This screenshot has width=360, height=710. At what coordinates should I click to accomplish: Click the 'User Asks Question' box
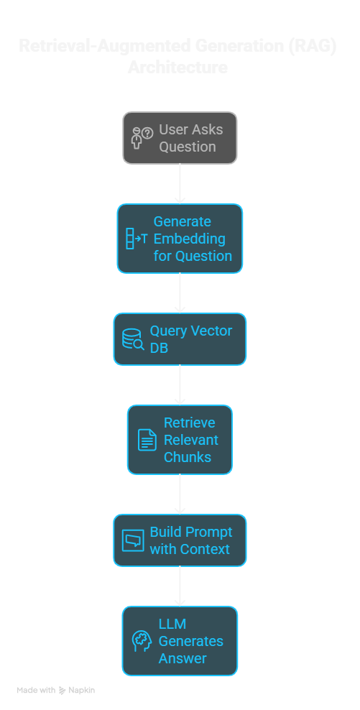[x=180, y=138]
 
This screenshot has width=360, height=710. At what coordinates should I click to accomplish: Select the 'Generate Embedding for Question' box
[x=180, y=239]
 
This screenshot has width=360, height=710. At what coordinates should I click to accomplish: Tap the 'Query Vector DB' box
[x=180, y=339]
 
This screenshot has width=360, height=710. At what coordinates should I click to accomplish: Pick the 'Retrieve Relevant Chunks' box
[x=180, y=440]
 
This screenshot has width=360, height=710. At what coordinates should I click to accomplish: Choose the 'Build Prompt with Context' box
[x=180, y=540]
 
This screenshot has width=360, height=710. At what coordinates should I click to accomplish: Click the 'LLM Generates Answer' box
[x=180, y=641]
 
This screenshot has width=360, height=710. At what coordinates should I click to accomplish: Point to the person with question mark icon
[x=142, y=137]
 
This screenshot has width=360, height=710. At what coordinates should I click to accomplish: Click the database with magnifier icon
[x=133, y=339]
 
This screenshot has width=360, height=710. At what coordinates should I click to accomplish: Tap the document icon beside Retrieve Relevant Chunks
[x=147, y=440]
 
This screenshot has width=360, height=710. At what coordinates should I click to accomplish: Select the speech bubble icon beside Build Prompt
[x=133, y=540]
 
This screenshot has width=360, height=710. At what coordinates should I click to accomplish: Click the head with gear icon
[x=142, y=641]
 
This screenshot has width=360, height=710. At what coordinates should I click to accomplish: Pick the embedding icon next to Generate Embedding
[x=136, y=239]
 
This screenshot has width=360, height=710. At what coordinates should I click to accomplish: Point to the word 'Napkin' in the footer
[x=82, y=690]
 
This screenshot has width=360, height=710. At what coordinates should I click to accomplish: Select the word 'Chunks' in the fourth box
[x=188, y=457]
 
